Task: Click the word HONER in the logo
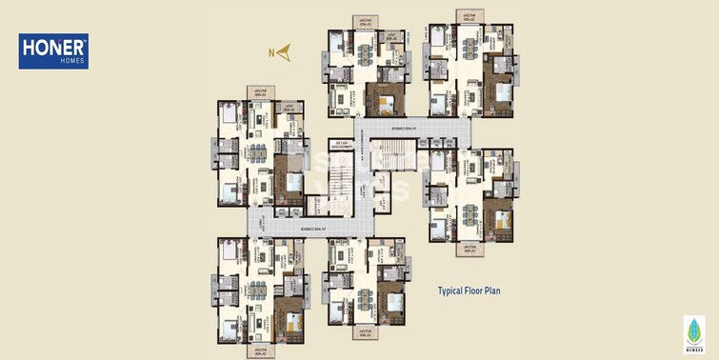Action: [52, 46]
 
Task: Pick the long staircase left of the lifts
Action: [338, 181]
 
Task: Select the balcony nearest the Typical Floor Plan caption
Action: [468, 249]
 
